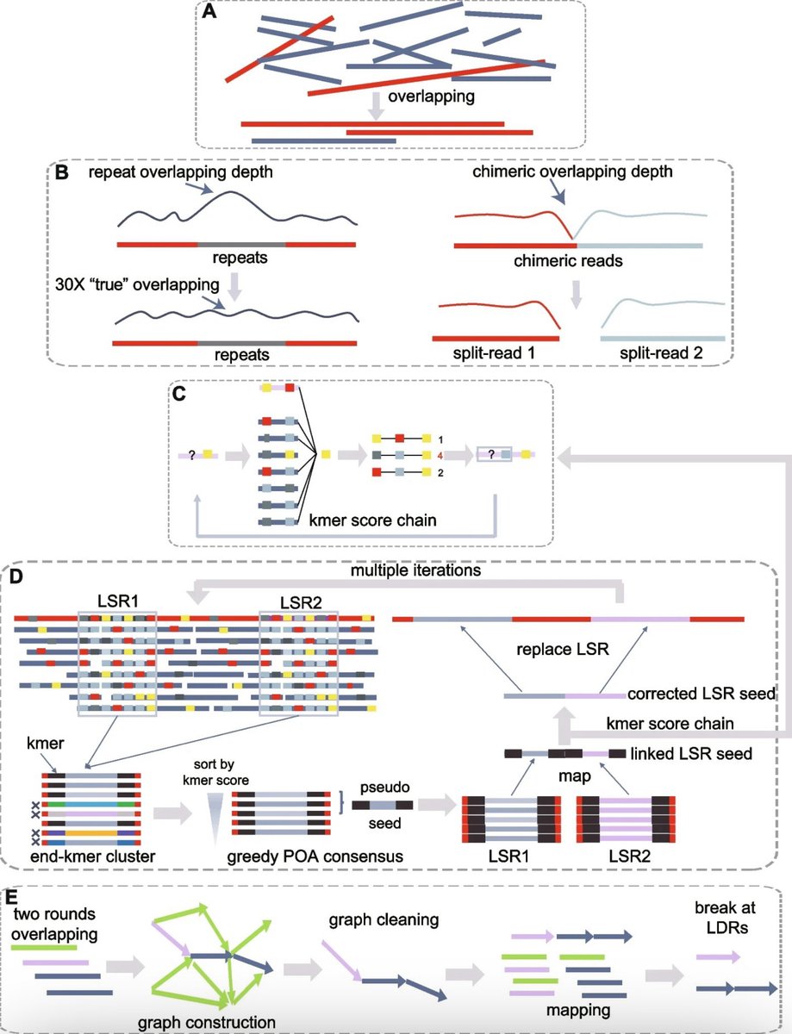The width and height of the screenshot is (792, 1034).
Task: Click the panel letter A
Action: pos(209,10)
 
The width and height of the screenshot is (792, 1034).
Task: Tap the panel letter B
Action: pos(62,172)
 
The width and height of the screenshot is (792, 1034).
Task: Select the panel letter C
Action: pos(179,395)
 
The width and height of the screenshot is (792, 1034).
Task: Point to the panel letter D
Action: pos(16,576)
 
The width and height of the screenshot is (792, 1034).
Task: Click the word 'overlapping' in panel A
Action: pos(431,97)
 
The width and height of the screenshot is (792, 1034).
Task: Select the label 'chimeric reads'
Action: pos(568,261)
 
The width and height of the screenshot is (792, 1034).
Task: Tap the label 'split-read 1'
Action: pos(494,353)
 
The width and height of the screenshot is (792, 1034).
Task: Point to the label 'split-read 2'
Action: pos(661,353)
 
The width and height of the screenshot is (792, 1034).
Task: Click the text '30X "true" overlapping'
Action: pos(138,284)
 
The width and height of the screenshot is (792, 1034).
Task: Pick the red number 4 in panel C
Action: pos(440,456)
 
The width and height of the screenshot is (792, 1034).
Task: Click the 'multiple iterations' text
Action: pos(415,570)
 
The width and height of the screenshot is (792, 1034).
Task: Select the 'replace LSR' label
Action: pos(563,650)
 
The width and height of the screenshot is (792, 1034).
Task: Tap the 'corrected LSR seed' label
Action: pos(702,694)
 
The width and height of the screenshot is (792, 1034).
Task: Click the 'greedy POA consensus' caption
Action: pos(315,857)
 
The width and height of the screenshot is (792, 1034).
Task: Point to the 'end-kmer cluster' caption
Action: pos(93,856)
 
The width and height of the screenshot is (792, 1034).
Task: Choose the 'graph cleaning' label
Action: pos(384,919)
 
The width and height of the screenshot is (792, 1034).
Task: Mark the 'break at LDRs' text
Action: pos(726,918)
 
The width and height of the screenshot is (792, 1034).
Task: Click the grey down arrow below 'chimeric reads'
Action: pos(576,294)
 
